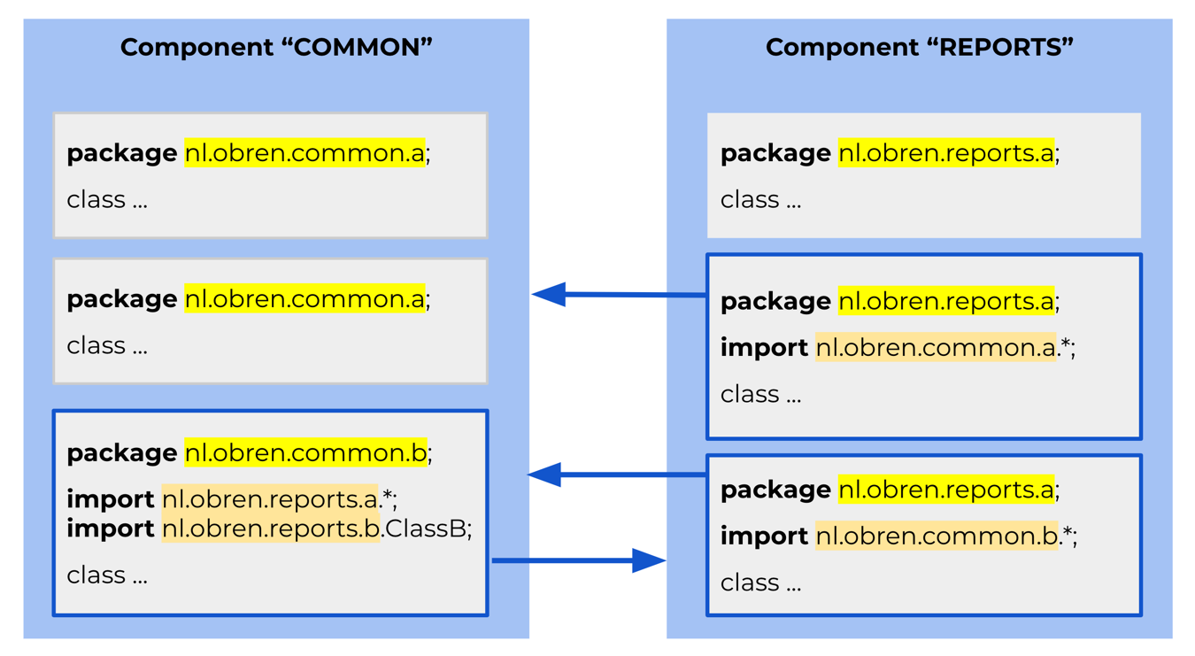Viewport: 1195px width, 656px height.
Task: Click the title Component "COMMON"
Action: [x=276, y=48]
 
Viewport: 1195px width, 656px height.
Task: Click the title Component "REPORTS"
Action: [x=919, y=48]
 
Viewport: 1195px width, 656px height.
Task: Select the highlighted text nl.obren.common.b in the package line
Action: [x=305, y=452]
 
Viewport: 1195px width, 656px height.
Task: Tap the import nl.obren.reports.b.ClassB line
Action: [x=269, y=529]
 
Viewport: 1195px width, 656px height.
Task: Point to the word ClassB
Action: [x=428, y=529]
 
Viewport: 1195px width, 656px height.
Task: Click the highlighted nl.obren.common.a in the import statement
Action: [x=936, y=348]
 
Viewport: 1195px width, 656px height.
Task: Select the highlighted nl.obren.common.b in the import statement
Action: [x=937, y=536]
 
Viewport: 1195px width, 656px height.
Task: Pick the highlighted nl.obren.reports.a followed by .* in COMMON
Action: [x=270, y=499]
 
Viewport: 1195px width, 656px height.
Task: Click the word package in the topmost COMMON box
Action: [x=121, y=155]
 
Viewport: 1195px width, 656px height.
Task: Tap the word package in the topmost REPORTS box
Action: [x=775, y=155]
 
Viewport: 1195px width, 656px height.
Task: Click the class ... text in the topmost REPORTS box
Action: [x=760, y=200]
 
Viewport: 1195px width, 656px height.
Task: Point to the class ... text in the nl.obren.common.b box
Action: [x=107, y=575]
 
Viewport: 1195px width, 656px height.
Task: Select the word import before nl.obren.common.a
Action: [x=764, y=348]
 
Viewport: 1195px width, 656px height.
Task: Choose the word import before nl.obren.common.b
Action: [x=764, y=536]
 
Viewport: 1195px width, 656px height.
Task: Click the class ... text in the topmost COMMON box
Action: [x=107, y=200]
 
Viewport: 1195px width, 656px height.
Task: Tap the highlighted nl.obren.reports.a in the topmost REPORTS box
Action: [x=946, y=153]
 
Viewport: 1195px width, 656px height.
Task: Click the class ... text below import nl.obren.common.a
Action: [x=760, y=395]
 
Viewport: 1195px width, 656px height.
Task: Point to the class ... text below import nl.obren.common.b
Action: [x=760, y=583]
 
